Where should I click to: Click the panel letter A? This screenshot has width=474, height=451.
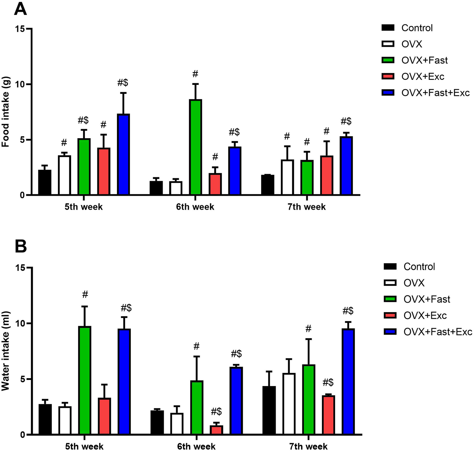(20, 9)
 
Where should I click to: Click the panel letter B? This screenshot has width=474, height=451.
(20, 247)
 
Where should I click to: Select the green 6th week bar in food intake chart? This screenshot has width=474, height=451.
(195, 147)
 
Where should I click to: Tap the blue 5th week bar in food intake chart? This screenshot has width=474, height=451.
(123, 155)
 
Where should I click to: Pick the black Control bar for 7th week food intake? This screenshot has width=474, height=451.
(268, 185)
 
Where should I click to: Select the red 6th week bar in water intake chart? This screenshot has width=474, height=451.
(216, 430)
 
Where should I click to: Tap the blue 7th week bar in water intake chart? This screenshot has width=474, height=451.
(348, 381)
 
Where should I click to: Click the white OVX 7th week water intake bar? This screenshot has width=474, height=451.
(289, 404)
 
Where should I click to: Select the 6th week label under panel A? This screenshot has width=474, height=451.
(195, 207)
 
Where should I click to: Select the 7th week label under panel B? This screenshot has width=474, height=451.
(308, 446)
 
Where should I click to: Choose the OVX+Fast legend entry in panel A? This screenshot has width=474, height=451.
(424, 60)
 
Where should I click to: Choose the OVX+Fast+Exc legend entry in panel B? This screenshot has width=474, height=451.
(437, 332)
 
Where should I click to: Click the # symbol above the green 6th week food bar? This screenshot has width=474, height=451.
(195, 74)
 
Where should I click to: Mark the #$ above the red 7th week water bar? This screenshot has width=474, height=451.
(328, 382)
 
